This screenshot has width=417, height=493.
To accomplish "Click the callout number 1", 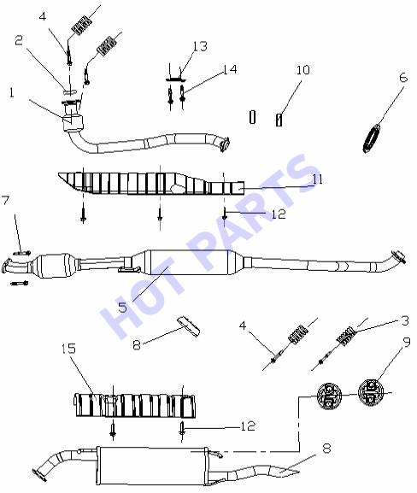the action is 12,93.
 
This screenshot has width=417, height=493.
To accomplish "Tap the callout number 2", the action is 19,40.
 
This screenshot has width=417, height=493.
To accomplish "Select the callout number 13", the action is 200,46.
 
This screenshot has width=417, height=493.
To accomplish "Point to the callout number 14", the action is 230,69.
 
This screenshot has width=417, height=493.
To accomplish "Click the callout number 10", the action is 303,70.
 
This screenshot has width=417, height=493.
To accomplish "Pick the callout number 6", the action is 403,78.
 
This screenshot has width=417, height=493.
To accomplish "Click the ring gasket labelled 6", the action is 372,138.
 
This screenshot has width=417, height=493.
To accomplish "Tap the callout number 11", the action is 317,179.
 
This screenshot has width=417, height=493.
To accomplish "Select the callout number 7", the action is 6,200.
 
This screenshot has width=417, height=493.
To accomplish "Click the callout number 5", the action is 123,308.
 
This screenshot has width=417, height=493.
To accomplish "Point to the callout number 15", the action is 69,349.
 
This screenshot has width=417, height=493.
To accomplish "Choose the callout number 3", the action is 405,320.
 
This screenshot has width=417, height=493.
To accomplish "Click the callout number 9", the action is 407,342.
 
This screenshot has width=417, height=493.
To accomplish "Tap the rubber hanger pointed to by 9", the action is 371,393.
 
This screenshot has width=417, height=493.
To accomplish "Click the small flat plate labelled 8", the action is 189,326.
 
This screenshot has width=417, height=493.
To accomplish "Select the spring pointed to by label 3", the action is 346,336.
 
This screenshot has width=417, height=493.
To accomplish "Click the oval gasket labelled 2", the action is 70,91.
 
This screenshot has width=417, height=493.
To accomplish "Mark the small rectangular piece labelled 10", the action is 279,120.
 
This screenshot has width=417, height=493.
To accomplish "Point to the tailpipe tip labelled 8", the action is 284,471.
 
